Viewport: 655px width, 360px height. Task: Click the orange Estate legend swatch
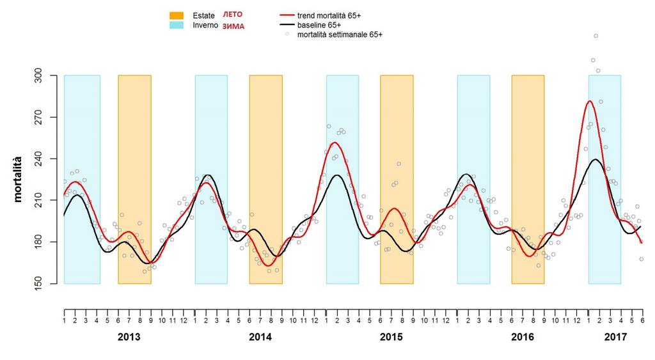pyautogui.click(x=177, y=15)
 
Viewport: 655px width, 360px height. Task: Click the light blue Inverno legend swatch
pyautogui.click(x=177, y=25)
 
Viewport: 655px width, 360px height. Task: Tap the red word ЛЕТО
pyautogui.click(x=233, y=15)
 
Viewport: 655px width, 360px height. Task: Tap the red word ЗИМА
pyautogui.click(x=233, y=26)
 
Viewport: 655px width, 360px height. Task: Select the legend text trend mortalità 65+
pyautogui.click(x=329, y=15)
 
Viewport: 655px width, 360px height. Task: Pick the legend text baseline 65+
pyautogui.click(x=319, y=25)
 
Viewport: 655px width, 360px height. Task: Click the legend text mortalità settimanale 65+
pyautogui.click(x=340, y=35)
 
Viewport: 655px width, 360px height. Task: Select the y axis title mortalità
pyautogui.click(x=17, y=180)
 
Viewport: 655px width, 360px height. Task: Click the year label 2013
pyautogui.click(x=129, y=337)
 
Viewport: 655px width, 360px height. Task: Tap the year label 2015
pyautogui.click(x=391, y=337)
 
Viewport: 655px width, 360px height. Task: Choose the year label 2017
pyautogui.click(x=616, y=337)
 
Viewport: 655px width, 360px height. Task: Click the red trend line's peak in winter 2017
pyautogui.click(x=590, y=100)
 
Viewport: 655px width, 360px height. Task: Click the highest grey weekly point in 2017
pyautogui.click(x=596, y=36)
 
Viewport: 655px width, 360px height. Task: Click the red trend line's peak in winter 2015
pyautogui.click(x=335, y=143)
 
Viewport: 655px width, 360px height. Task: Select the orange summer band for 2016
pyautogui.click(x=528, y=180)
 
